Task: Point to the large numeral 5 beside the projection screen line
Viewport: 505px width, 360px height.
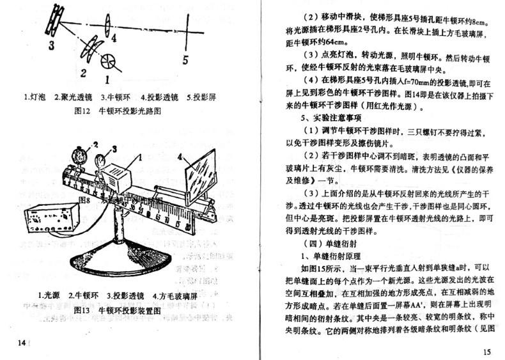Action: tap(184, 59)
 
